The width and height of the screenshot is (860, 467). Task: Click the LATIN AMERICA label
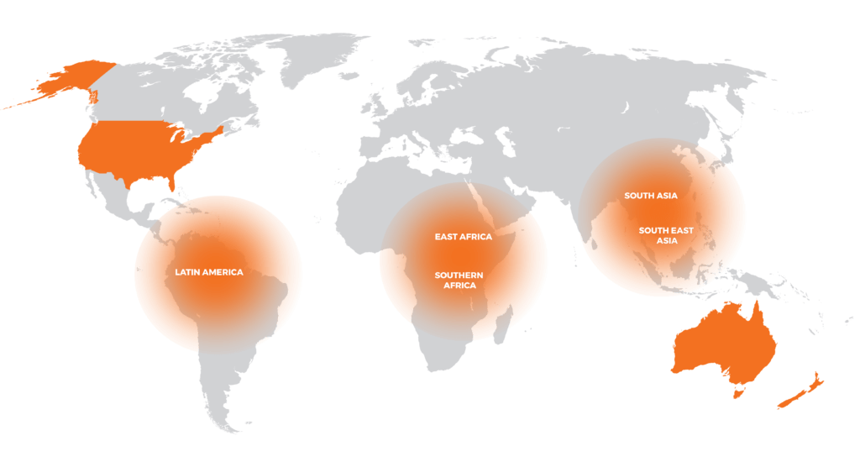point(208,272)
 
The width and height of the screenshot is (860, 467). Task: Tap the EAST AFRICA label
point(463,237)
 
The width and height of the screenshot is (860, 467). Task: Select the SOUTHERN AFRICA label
point(459,281)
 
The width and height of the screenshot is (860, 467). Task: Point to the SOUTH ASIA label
point(650,196)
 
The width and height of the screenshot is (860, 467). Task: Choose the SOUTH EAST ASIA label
point(666,235)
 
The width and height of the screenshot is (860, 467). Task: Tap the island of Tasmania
point(738,391)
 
